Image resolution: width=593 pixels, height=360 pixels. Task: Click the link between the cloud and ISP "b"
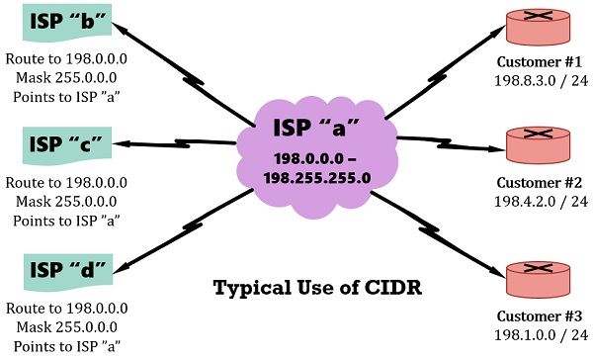click(188, 73)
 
